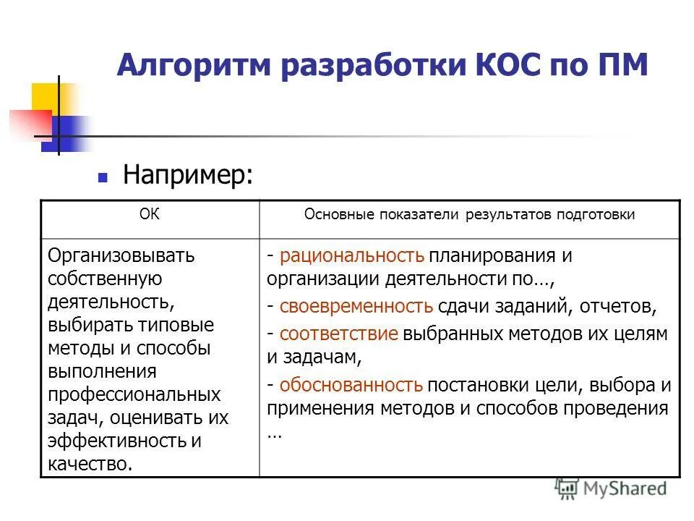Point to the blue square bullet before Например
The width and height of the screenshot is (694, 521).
pos(103,177)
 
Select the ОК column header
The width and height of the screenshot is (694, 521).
pos(149,214)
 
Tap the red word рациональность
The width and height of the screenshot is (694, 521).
pos(351,256)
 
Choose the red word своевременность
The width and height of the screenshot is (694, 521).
pos(356,306)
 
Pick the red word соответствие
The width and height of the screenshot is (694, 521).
pos(339,334)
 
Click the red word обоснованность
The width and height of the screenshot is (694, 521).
pos(351,384)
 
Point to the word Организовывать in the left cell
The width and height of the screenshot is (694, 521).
pos(121,255)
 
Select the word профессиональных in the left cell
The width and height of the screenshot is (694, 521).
pos(134,395)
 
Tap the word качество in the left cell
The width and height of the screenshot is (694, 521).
pos(90,464)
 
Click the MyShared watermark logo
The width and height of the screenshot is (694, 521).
pos(611,489)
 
